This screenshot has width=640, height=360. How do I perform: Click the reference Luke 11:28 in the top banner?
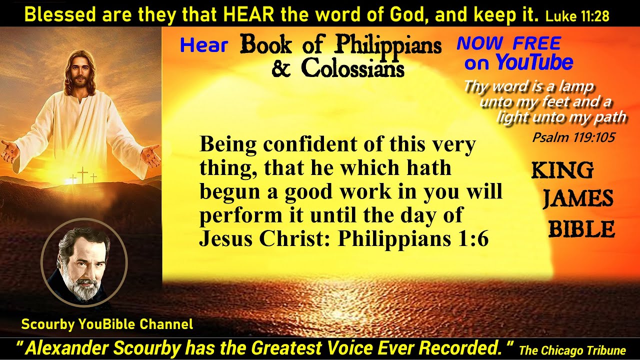tap(577, 16)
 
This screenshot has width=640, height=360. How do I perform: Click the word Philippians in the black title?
tap(388, 45)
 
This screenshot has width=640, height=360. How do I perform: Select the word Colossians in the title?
tap(352, 68)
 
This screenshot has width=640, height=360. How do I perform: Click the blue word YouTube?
tap(534, 63)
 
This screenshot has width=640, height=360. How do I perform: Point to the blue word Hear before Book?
tap(204, 45)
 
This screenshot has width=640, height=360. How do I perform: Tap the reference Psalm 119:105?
tap(573, 137)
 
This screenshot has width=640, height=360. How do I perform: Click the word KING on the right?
tap(562, 171)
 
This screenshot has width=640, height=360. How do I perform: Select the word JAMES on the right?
tap(578, 199)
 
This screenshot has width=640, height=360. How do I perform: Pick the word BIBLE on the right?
tap(581, 229)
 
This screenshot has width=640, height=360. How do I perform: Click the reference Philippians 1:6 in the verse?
tap(413, 239)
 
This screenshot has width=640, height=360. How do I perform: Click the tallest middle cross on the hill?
tap(82, 175)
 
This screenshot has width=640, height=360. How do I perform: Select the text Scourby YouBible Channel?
tap(107, 324)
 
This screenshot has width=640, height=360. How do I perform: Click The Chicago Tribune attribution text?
tap(572, 350)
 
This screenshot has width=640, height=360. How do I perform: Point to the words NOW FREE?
tap(508, 44)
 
